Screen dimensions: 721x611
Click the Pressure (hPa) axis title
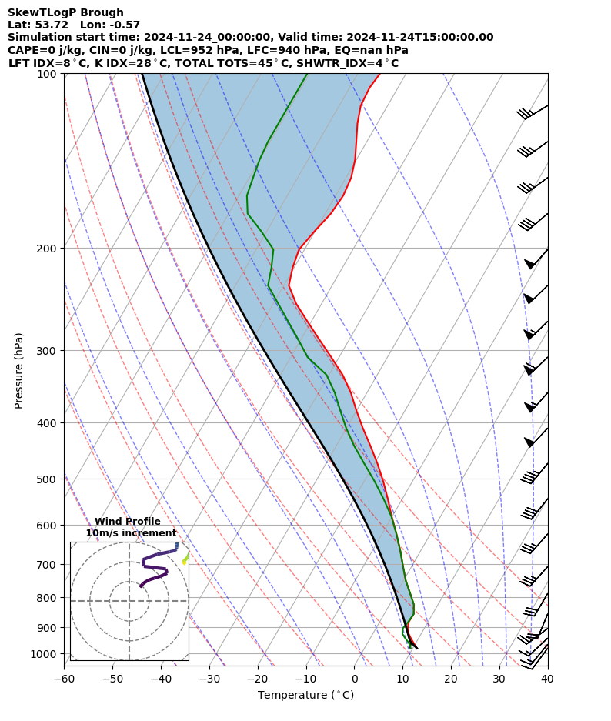click(19, 370)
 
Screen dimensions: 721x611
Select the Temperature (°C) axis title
click(305, 696)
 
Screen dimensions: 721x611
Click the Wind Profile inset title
click(128, 522)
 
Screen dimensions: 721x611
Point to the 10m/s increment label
click(131, 533)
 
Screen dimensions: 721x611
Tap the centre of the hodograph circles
click(129, 601)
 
